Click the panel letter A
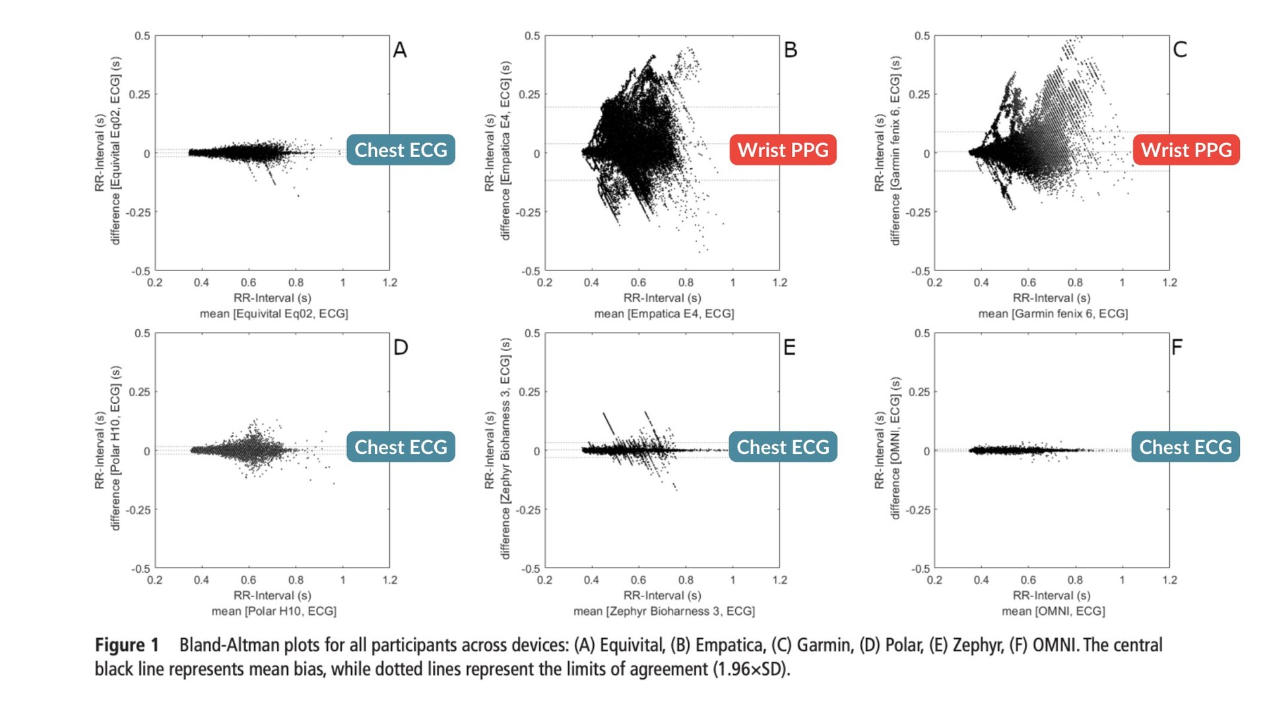point(400,50)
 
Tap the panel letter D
point(401,347)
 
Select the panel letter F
point(1177,347)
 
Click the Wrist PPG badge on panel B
point(783,150)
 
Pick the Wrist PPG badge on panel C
point(1186,150)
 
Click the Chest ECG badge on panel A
point(401,150)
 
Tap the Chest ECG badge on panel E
point(783,447)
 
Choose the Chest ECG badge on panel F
point(1185,447)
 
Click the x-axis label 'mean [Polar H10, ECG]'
point(274,611)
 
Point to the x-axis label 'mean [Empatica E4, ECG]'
point(664,313)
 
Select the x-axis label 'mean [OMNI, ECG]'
point(1053,611)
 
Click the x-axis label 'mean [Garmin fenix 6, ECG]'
point(1053,313)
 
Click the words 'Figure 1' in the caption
point(127,645)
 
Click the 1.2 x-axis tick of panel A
point(390,282)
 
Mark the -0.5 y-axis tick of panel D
point(141,568)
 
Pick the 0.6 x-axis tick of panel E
point(638,580)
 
